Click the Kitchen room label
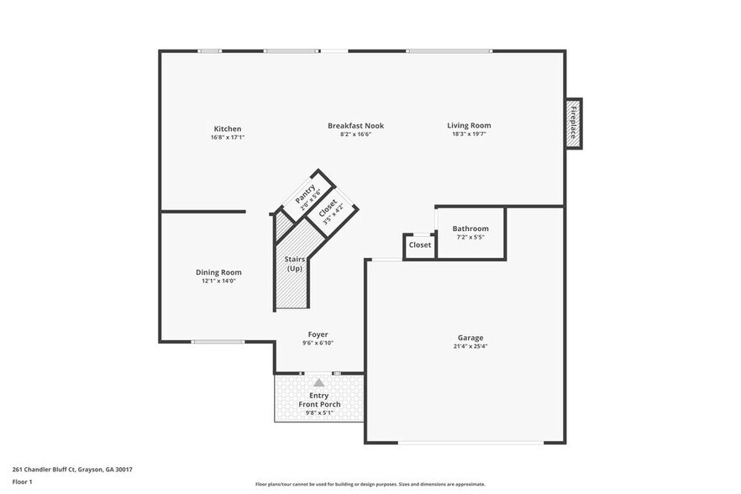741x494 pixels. point(227,129)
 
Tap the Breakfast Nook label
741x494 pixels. point(355,125)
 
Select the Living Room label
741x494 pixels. point(469,125)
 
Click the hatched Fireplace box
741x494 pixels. point(574,123)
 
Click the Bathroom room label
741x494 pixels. point(470,229)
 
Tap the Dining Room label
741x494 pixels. point(218,272)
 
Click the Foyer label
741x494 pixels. point(318,334)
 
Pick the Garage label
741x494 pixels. point(470,338)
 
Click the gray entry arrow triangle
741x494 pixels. point(319,383)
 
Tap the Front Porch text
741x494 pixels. point(319,405)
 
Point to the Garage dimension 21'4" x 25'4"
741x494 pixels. point(470,346)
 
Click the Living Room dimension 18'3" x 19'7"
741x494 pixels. point(469,134)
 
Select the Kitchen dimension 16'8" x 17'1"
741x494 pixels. point(227,137)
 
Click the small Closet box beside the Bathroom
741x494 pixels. point(419,245)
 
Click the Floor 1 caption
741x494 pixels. point(22,481)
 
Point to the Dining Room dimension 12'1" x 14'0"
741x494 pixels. point(218,281)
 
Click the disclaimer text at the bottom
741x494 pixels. point(370,485)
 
